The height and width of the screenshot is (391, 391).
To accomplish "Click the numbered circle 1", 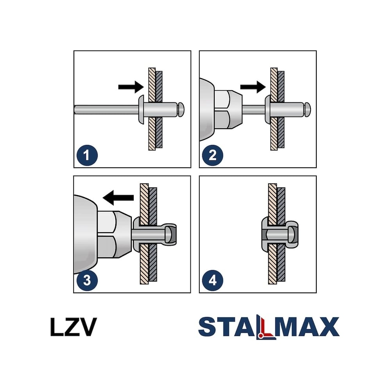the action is tap(87, 155).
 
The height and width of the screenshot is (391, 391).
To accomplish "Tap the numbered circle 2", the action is tap(212, 155).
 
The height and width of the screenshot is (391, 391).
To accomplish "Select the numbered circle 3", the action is tap(87, 280).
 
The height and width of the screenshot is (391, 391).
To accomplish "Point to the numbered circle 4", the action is tap(212, 280).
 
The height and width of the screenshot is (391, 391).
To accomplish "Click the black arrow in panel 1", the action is tap(131, 87).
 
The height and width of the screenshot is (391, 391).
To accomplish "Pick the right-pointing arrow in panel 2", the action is tap(253, 87).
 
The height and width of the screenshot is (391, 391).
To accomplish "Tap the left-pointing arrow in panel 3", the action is tap(118, 198).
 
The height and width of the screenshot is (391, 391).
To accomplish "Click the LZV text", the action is tap(74, 327).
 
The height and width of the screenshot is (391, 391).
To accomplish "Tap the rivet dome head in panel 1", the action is tap(142, 109).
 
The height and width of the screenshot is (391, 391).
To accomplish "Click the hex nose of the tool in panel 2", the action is tap(228, 110).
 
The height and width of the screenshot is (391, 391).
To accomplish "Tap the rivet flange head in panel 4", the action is tap(265, 234).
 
